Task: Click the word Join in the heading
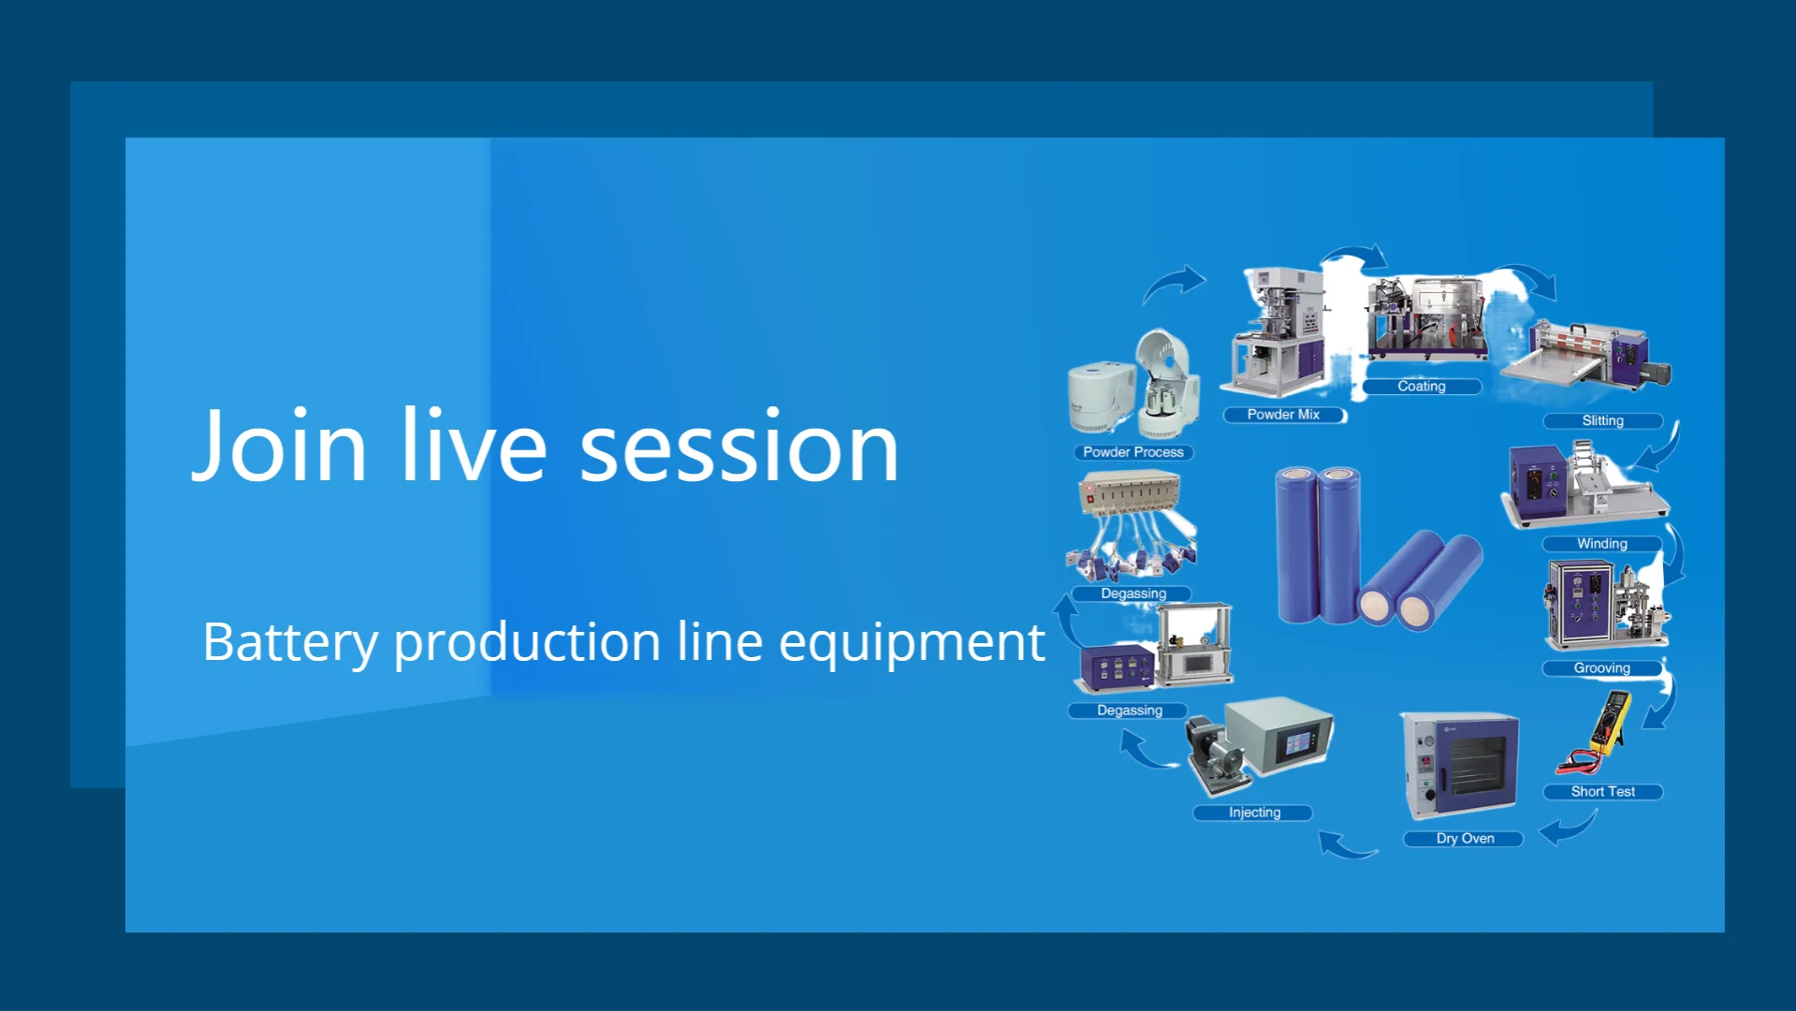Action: (279, 446)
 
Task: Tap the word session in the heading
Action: (739, 448)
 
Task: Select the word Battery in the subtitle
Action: (291, 643)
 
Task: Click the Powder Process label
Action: (1133, 452)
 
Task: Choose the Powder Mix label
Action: (1284, 415)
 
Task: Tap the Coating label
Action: (1422, 386)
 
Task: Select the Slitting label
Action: (1602, 420)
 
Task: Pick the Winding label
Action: (1602, 543)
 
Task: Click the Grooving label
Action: (1602, 667)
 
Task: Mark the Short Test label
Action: (1602, 791)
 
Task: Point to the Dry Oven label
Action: (1464, 838)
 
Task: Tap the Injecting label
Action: (1254, 812)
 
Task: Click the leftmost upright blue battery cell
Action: (1297, 545)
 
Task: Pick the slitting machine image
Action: (1585, 356)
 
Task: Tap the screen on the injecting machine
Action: (1297, 744)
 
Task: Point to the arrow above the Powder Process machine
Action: (1174, 282)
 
